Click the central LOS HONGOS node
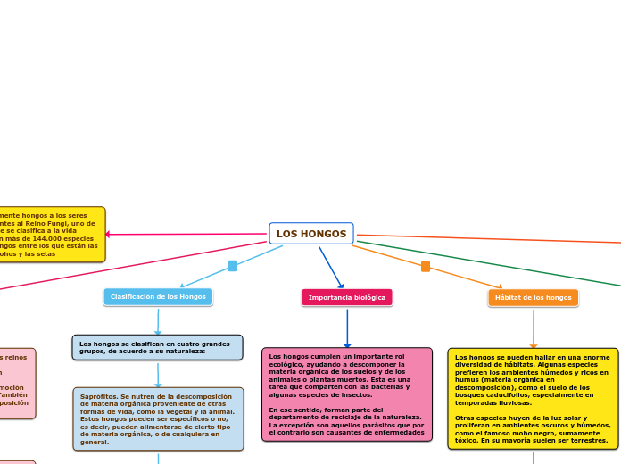tap(311, 234)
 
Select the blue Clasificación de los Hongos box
tap(158, 296)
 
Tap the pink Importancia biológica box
tap(347, 297)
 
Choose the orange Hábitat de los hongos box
tap(533, 297)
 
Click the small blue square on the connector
tap(233, 266)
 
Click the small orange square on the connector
tap(426, 266)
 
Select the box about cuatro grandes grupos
tap(157, 347)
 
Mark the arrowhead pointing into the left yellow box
tap(109, 235)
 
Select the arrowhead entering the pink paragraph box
tap(347, 345)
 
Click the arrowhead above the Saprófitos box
tap(158, 384)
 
